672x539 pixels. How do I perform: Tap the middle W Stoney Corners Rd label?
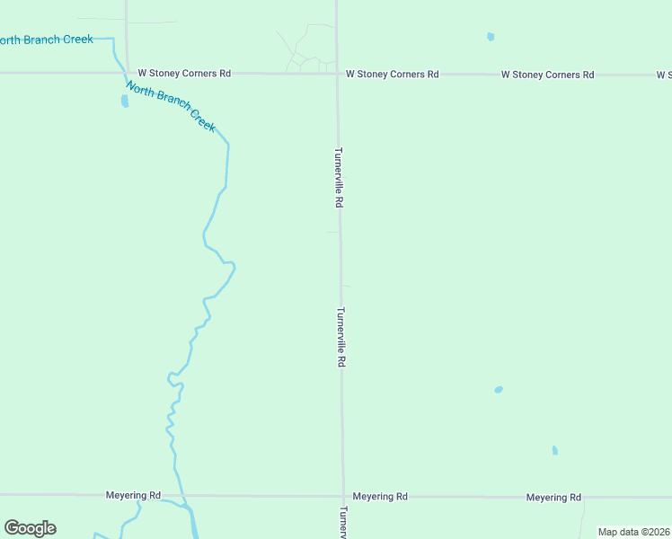393,74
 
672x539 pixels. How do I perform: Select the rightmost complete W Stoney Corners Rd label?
547,75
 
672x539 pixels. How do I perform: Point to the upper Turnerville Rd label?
339,178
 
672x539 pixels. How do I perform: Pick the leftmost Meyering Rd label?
133,495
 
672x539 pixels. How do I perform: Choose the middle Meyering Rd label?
380,496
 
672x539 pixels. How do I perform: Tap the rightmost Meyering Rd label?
553,497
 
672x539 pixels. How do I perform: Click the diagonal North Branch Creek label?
171,106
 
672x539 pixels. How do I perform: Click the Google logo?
30,528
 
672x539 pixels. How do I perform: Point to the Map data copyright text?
634,532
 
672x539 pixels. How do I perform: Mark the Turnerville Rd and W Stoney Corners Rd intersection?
338,74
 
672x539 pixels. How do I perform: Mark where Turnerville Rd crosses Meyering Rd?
342,496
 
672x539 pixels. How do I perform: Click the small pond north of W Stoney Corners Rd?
491,37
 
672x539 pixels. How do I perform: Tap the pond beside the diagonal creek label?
124,101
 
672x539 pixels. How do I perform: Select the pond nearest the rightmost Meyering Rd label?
554,450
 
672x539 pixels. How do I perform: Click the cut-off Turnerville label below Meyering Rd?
342,521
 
